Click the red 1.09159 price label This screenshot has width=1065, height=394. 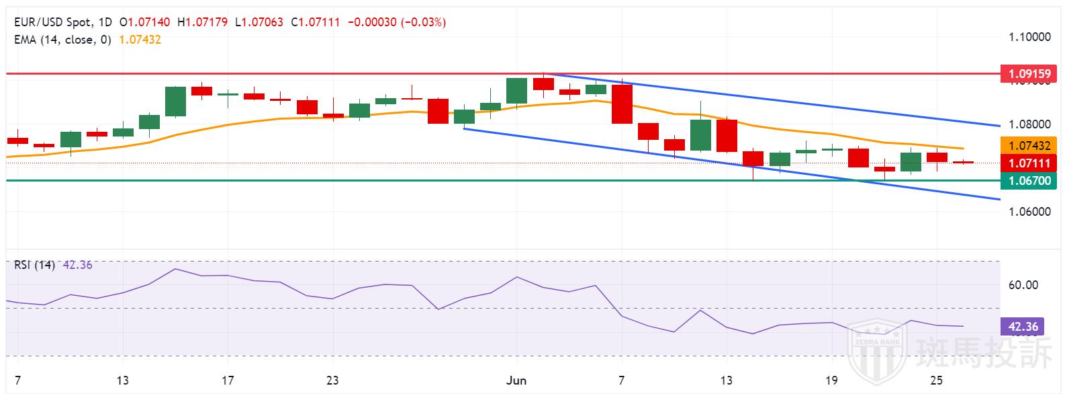(x=1028, y=73)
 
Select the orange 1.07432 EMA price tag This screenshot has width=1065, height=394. (x=1028, y=145)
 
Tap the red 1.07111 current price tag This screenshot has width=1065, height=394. (x=1028, y=163)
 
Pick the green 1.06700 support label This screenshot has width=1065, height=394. (x=1028, y=180)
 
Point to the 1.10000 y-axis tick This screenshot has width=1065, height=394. (x=1029, y=36)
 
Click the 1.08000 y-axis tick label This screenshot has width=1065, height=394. (x=1029, y=124)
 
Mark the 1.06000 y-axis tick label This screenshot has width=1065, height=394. (x=1029, y=211)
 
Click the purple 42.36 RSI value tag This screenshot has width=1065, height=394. (x=1023, y=327)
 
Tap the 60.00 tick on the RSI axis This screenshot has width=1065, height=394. (x=1023, y=285)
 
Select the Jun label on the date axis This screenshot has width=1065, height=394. (x=516, y=381)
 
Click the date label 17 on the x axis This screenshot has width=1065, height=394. (x=228, y=381)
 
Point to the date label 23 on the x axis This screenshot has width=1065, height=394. (x=332, y=381)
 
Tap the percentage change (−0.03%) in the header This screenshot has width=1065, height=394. (x=423, y=22)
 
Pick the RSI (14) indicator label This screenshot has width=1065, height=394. (x=34, y=265)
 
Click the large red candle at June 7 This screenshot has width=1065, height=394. (x=622, y=104)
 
